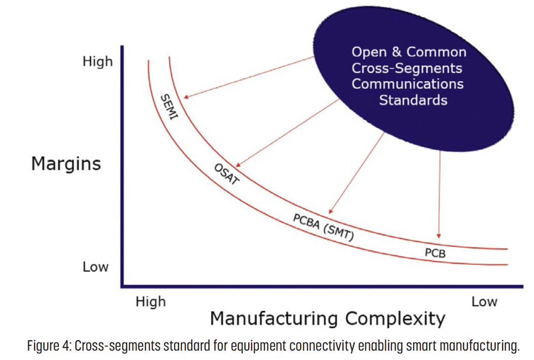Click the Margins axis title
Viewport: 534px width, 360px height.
tap(66, 164)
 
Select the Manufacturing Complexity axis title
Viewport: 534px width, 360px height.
tap(327, 318)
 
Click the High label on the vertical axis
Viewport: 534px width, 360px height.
tap(97, 62)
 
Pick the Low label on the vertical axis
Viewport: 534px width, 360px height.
tap(95, 267)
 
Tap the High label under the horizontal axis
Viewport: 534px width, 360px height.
tap(151, 302)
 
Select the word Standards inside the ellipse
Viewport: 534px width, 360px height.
tap(413, 100)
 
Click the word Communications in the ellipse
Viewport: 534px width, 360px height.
tap(408, 84)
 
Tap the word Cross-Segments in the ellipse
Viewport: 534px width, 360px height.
tap(407, 68)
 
